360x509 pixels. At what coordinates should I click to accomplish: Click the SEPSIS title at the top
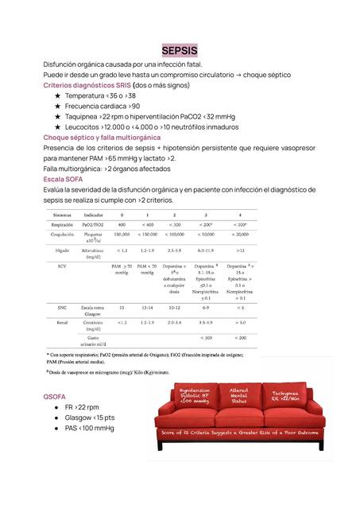[180, 50]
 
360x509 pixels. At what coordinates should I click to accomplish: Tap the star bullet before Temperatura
[57, 95]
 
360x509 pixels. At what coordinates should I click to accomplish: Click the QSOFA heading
[56, 395]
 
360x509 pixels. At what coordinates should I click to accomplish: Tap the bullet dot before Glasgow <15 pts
[57, 417]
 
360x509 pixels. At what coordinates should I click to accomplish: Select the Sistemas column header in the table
[65, 216]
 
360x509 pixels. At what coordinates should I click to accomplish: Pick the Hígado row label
[63, 250]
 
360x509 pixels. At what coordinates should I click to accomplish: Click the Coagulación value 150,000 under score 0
[122, 235]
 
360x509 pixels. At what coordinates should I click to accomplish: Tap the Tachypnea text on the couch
[284, 395]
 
